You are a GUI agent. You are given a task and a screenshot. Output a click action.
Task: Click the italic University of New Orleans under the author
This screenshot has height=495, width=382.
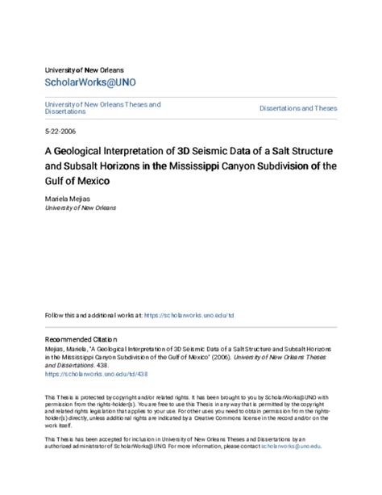click(x=81, y=208)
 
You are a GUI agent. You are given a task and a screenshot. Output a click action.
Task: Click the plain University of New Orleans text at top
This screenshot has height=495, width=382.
click(x=85, y=70)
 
